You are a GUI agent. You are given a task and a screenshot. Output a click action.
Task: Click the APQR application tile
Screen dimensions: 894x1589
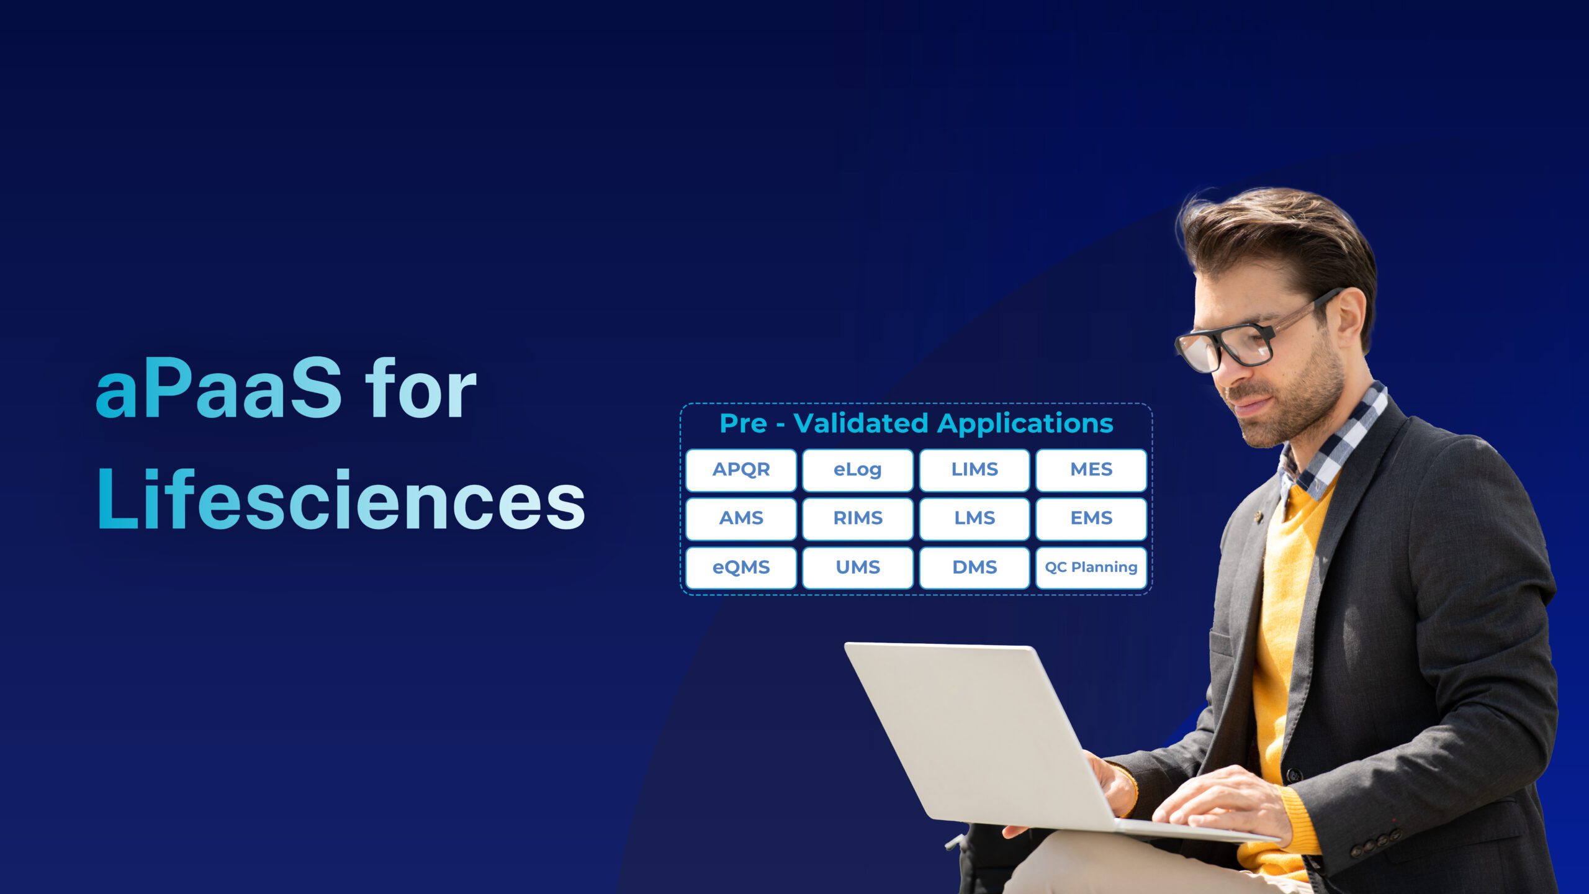tap(740, 470)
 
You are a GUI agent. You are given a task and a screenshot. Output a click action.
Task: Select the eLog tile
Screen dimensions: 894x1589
tap(857, 470)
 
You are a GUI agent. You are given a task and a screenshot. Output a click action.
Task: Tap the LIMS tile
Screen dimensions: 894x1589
tap(974, 470)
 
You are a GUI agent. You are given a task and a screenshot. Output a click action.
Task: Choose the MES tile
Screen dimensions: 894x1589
tap(1091, 470)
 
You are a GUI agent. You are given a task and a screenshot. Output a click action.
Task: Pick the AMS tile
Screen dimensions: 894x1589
tap(740, 518)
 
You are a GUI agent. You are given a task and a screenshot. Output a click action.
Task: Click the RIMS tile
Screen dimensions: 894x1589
tap(857, 518)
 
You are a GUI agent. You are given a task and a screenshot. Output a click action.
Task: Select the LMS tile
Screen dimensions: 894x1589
tap(974, 518)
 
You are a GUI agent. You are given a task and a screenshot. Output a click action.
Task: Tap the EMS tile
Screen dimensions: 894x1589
tap(1091, 518)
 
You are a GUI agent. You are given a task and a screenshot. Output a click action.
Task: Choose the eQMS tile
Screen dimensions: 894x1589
tap(740, 567)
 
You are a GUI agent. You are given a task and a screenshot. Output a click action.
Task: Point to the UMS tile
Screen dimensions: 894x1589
tap(857, 567)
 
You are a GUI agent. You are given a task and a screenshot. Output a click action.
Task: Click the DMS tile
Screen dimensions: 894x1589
tap(974, 567)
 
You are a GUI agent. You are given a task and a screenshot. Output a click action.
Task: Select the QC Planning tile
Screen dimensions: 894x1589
tap(1091, 567)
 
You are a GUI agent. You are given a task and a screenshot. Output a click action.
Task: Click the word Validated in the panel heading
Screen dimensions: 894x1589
tap(861, 423)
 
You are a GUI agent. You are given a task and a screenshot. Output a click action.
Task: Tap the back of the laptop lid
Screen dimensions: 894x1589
tap(975, 733)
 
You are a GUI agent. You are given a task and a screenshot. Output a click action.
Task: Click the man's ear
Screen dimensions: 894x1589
tap(1353, 317)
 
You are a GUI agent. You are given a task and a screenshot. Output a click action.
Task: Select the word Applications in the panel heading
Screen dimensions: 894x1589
tap(1025, 423)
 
